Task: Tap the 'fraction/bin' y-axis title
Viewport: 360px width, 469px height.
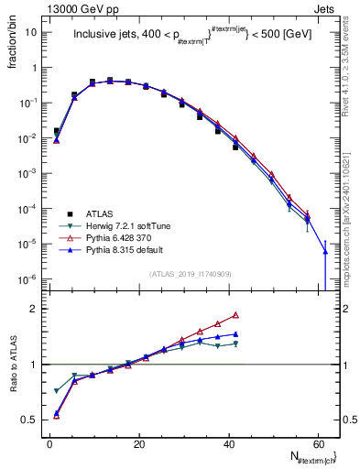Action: (12, 45)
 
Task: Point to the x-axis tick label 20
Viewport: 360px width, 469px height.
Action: (139, 443)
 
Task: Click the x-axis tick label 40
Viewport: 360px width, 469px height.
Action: (228, 443)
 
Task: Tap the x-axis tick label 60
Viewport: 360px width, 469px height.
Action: (317, 443)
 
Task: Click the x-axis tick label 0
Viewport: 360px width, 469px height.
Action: (50, 443)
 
